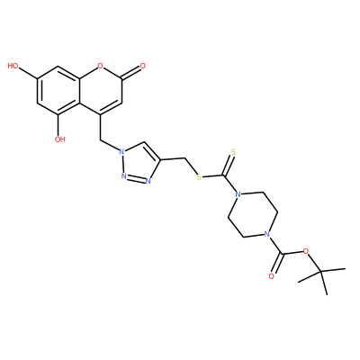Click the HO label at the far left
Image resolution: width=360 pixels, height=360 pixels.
[13, 66]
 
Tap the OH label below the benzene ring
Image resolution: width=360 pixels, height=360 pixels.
[60, 139]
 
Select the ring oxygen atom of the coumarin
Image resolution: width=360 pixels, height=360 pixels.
[101, 66]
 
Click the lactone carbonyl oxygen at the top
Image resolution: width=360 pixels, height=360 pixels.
[142, 66]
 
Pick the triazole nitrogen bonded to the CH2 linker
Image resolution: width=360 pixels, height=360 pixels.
[121, 152]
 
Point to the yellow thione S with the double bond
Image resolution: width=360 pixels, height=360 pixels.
[233, 152]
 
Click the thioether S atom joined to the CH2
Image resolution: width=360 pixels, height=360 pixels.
[198, 177]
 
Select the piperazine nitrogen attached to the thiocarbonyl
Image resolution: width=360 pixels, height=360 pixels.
[238, 194]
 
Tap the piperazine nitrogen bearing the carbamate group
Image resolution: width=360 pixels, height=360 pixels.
[265, 234]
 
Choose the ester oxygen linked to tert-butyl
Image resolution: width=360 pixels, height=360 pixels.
[306, 251]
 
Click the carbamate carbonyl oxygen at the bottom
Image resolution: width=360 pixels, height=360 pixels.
[272, 276]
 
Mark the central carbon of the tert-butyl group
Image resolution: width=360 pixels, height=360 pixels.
[320, 272]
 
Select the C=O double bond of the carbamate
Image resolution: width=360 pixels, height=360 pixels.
[276, 264]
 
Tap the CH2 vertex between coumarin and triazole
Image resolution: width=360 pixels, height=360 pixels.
[100, 139]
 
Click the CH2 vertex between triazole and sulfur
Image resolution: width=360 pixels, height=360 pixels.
[184, 157]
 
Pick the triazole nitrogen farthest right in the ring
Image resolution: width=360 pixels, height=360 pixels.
[148, 181]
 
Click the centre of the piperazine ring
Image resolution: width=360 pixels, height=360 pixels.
[252, 214]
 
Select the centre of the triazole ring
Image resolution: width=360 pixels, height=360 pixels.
[137, 164]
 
